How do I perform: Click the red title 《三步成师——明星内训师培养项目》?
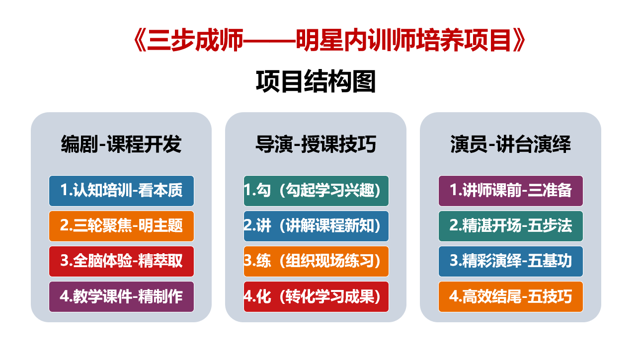point(329,41)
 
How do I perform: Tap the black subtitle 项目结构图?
point(316,82)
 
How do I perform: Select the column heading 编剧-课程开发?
point(121,144)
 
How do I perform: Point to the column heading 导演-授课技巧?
point(316,144)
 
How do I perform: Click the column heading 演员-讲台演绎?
point(510,144)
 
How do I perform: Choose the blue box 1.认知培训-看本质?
point(121,191)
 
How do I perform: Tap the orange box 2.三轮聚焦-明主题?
point(121,226)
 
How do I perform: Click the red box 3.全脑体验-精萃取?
point(121,261)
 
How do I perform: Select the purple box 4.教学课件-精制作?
point(121,296)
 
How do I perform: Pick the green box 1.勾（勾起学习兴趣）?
point(316,191)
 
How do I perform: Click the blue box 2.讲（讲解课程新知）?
point(316,226)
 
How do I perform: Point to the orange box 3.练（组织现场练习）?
point(316,261)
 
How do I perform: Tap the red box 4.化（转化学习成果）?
point(316,296)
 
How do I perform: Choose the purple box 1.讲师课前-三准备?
point(511,191)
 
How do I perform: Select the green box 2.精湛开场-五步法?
point(511,226)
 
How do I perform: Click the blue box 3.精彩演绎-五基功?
point(511,261)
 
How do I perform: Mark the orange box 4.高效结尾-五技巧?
point(511,296)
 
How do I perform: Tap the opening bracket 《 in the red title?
point(140,41)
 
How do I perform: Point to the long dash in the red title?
point(269,41)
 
